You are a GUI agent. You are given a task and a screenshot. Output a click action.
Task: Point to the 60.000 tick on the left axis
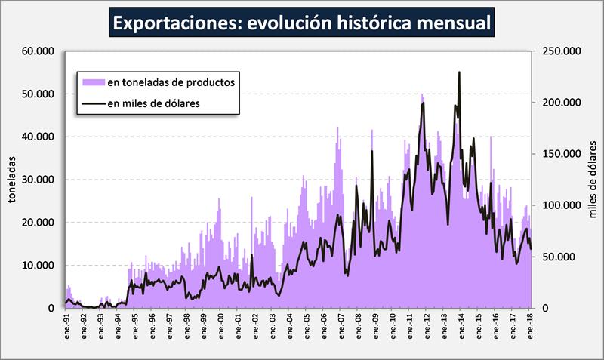[39, 51]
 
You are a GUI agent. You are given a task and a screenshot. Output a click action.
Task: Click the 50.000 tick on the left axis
[39, 94]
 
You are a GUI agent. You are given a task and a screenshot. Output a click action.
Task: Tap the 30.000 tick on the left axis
[39, 180]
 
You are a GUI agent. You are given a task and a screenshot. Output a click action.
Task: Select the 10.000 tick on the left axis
[39, 266]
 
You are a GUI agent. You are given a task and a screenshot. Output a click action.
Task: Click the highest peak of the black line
[459, 72]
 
